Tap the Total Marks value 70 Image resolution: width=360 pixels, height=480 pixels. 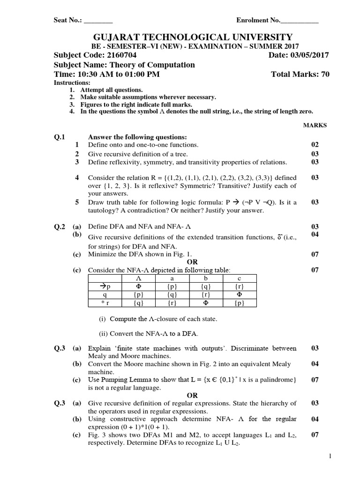tap(324, 74)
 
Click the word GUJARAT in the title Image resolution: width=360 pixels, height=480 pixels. tap(120, 37)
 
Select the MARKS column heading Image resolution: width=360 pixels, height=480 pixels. tap(315, 125)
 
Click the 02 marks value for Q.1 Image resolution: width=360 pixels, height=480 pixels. tap(315, 145)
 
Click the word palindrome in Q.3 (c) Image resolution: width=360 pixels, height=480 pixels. tap(278, 380)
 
